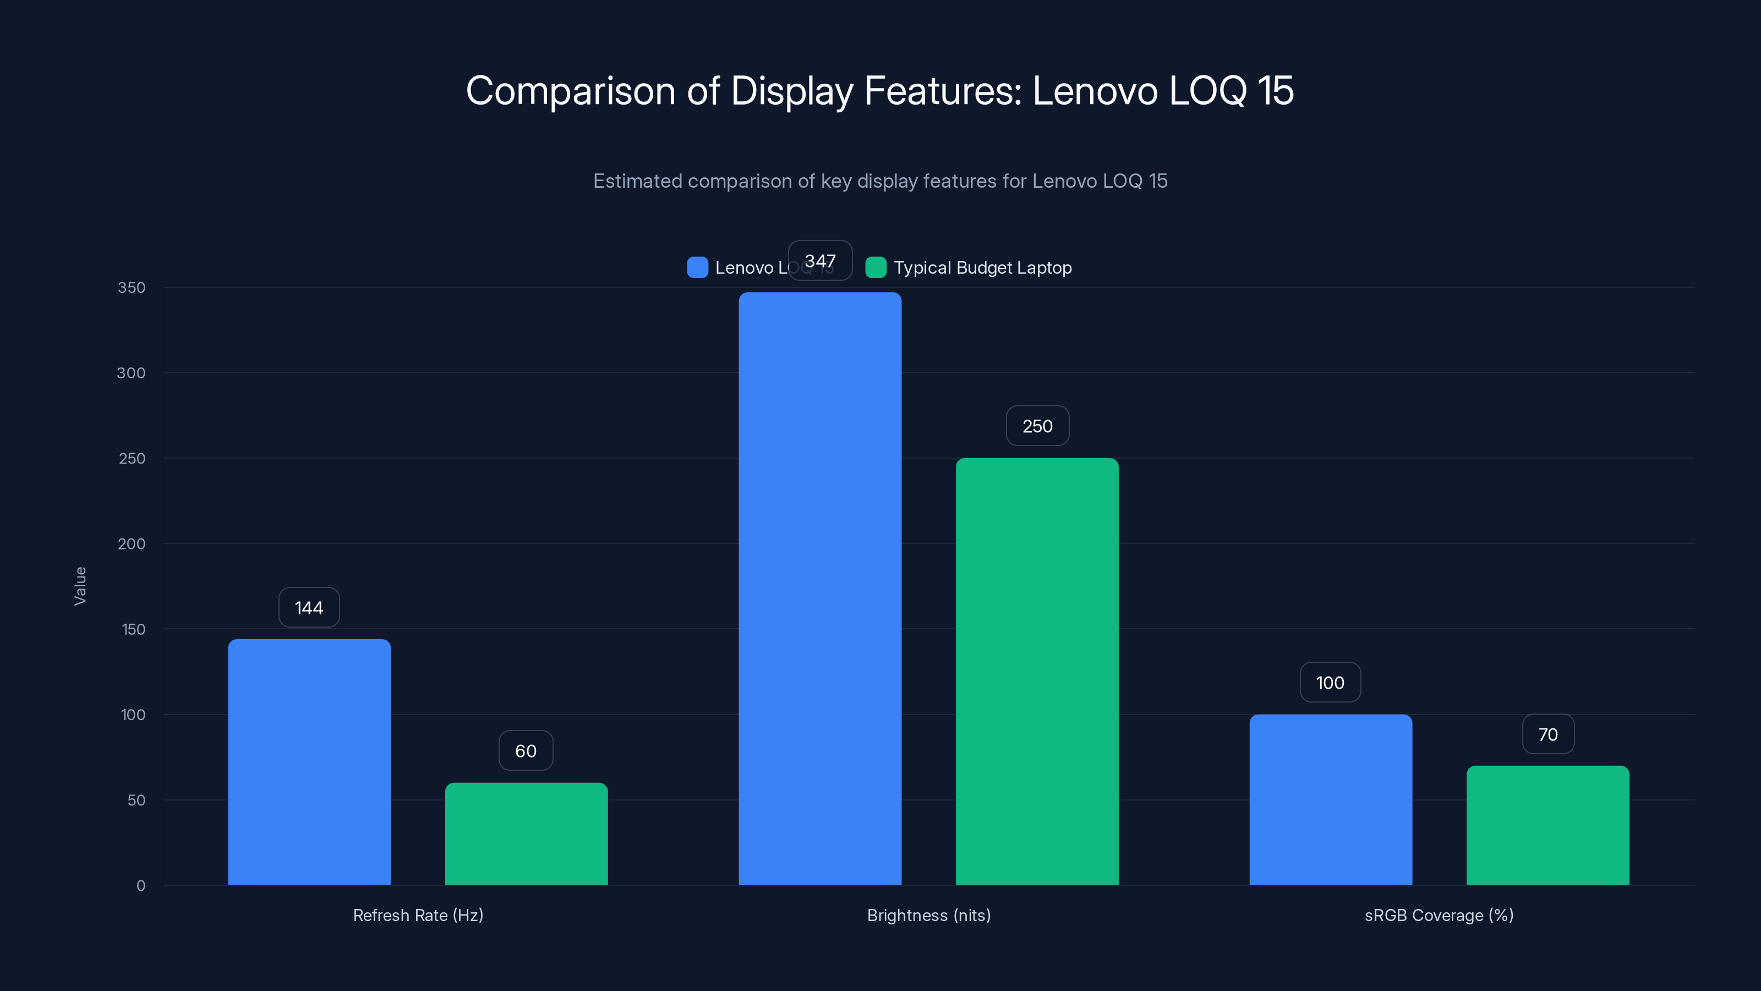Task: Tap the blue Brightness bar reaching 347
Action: coord(819,588)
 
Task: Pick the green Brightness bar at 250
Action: coord(1036,670)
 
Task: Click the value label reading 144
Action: coord(309,607)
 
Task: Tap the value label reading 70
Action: coord(1547,734)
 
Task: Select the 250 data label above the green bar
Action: coord(1037,426)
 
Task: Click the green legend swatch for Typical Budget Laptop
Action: coord(875,268)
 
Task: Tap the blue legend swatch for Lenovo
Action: coord(697,268)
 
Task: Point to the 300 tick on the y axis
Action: coord(132,373)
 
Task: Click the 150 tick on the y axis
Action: coord(133,629)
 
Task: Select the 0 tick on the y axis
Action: coord(141,886)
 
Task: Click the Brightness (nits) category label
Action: coord(928,915)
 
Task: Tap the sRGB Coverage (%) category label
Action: coord(1439,915)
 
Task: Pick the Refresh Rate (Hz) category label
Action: coord(418,915)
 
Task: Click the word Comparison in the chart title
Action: coord(570,91)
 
